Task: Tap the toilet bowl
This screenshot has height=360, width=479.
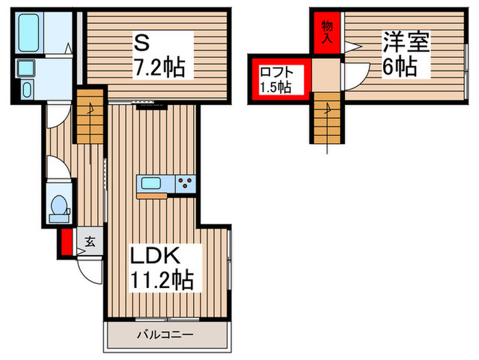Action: point(60,205)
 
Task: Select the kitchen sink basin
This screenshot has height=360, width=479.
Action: point(149,184)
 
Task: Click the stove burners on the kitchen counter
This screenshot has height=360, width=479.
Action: point(185,183)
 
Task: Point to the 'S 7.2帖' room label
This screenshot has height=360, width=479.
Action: point(159,57)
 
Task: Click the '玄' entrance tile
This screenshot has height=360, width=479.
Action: point(89,241)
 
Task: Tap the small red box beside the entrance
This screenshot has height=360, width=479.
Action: point(66,242)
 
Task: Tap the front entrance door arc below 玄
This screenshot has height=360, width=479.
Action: point(89,266)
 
